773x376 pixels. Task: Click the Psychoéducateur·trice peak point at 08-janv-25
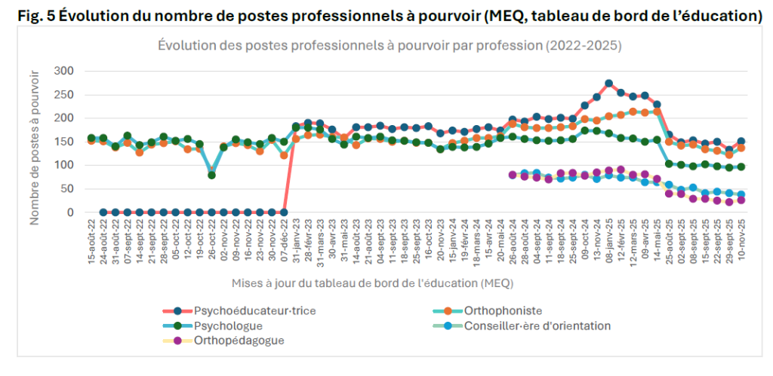[x=608, y=84]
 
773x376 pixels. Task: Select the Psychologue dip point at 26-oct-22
[x=211, y=175]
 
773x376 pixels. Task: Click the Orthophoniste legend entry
[x=504, y=310]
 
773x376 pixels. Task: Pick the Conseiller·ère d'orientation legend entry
[x=537, y=326]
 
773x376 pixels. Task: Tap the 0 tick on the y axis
[x=70, y=212]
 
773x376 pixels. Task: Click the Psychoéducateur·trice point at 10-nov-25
[x=741, y=142]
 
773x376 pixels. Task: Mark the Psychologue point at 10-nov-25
[x=741, y=167]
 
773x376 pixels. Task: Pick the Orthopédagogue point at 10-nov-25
[x=741, y=200]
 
